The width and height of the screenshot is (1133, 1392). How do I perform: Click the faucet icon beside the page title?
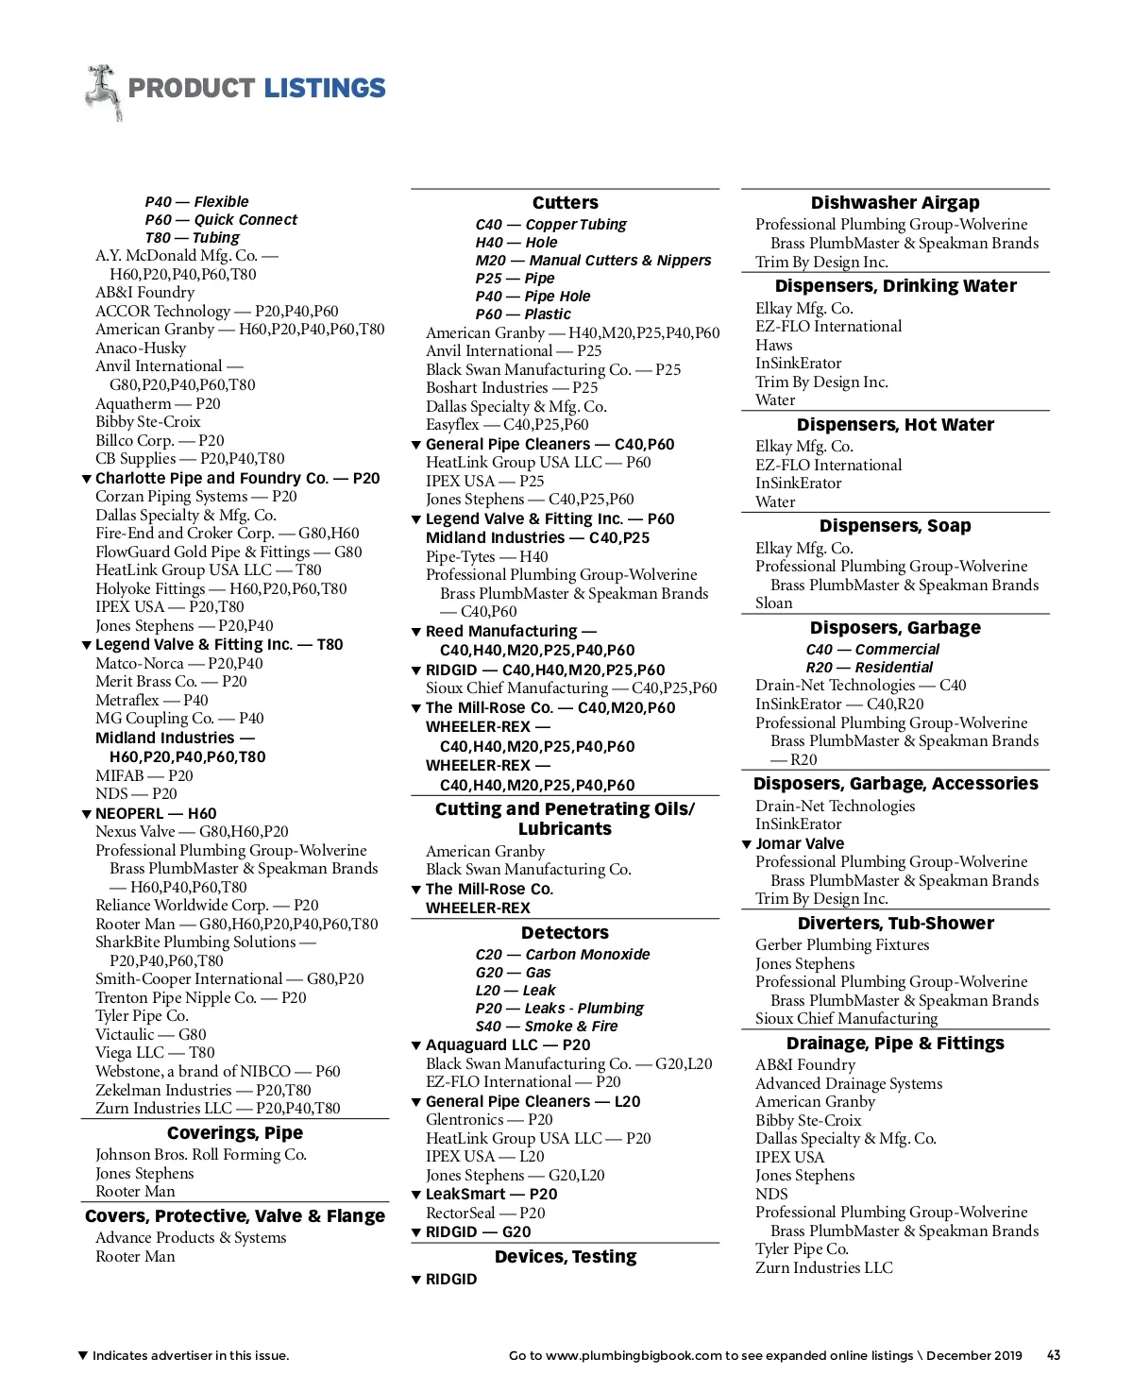pos(103,92)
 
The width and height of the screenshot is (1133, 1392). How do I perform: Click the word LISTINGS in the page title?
pos(324,89)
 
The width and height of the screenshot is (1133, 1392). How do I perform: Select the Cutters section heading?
pos(565,203)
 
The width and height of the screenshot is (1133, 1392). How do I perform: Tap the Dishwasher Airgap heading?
pos(895,203)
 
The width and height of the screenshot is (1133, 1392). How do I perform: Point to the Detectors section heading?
pos(565,933)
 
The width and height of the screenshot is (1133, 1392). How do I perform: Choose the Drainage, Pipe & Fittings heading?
pos(895,1044)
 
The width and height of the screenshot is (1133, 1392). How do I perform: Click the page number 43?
pos(1054,1355)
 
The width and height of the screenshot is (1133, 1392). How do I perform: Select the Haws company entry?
pos(773,346)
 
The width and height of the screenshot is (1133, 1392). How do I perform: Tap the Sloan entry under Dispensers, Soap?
pos(773,603)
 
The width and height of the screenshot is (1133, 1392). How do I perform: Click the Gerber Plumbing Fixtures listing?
pos(842,945)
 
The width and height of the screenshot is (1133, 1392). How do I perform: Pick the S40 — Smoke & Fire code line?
pos(547,1027)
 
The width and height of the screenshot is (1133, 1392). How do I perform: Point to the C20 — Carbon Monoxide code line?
pos(563,955)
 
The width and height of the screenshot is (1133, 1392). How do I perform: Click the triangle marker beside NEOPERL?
pos(87,814)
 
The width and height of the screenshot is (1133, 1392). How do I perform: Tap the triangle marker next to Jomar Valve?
pos(747,844)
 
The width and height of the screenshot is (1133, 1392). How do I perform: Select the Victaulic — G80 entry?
pos(150,1034)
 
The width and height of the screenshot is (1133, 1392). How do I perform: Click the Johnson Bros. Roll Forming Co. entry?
pos(201,1155)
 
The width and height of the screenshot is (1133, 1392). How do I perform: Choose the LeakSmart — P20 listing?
pos(491,1195)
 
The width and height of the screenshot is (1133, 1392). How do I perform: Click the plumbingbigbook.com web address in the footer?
pos(634,1355)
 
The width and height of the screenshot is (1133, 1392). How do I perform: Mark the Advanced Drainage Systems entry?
pos(849,1084)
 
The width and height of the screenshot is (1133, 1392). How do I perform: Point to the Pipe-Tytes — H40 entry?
pos(486,557)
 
